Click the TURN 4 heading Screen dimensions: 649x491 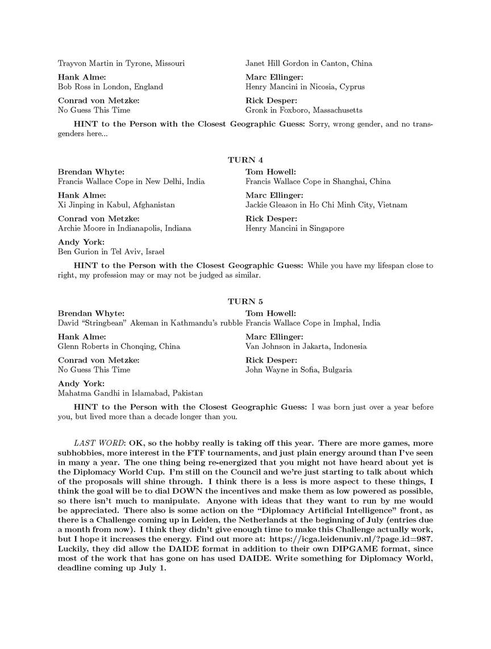pyautogui.click(x=246, y=160)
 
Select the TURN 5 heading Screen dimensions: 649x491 pyautogui.click(x=246, y=301)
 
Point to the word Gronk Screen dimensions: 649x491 pyautogui.click(x=256, y=110)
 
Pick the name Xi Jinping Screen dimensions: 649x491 pyautogui.click(x=77, y=205)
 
